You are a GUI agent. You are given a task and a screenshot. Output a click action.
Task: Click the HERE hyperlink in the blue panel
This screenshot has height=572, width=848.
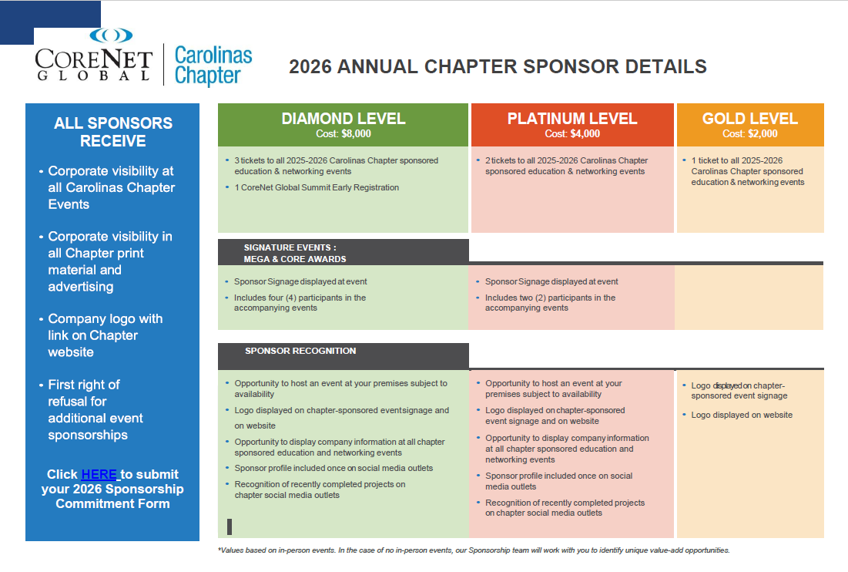click(99, 474)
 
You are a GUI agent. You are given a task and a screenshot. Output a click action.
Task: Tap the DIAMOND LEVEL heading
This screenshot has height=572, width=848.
click(343, 119)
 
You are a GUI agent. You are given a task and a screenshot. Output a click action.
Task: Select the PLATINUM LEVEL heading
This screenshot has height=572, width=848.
click(572, 119)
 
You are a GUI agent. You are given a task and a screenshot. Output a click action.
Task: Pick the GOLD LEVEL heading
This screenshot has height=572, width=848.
click(749, 119)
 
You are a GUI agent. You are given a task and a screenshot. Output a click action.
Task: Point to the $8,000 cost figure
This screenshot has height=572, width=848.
click(356, 134)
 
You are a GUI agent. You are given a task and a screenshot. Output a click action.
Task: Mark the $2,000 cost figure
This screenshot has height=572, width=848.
click(762, 134)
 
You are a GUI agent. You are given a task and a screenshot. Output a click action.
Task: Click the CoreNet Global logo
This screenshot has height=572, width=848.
click(93, 57)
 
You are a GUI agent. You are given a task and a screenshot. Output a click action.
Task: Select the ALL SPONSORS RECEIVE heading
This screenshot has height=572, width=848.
click(113, 132)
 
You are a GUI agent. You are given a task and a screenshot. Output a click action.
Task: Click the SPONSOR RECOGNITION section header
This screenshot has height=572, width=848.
click(300, 351)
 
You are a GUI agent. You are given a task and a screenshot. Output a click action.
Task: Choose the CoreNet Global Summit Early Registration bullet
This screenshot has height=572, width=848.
click(317, 187)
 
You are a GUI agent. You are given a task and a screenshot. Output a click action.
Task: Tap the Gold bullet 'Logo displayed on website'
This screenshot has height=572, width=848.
click(741, 415)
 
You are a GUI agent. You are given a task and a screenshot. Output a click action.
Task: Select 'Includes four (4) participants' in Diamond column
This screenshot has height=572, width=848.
click(300, 302)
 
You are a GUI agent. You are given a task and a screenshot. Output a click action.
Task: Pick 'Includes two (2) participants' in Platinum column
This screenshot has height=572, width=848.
click(550, 302)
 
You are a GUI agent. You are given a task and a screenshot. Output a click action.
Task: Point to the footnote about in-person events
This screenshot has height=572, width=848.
click(474, 550)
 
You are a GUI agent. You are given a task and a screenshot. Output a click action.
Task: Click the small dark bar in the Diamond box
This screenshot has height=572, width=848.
click(230, 527)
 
